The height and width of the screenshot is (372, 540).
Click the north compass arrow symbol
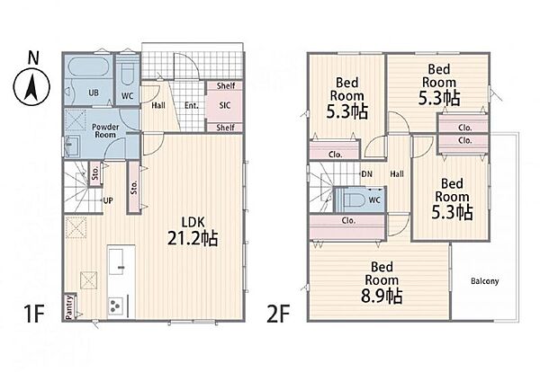click(31, 87)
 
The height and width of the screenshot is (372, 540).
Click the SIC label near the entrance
click(225, 105)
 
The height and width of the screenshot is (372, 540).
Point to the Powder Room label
click(105, 130)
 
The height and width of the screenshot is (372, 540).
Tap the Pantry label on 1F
click(69, 306)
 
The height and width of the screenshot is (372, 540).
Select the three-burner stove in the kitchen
click(116, 305)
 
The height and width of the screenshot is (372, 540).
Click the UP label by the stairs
click(108, 200)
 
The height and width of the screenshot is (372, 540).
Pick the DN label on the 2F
click(367, 174)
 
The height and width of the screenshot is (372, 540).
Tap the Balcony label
click(484, 281)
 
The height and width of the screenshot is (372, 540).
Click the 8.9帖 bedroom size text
click(382, 296)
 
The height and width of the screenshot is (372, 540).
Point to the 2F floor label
click(277, 314)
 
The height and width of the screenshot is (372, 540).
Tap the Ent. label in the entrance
click(192, 105)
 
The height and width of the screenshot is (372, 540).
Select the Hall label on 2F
click(397, 174)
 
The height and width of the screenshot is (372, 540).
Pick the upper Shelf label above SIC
click(226, 85)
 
